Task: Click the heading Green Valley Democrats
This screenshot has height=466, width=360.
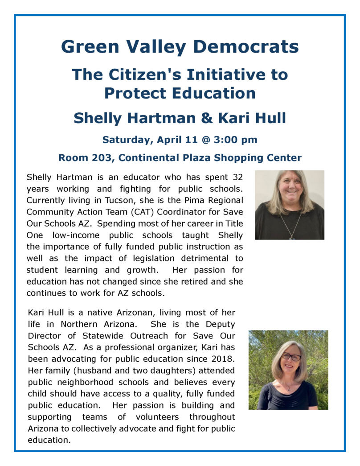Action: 180,46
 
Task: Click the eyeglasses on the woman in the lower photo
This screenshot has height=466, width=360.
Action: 291,357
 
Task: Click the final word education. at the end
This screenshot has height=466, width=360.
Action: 49,440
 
